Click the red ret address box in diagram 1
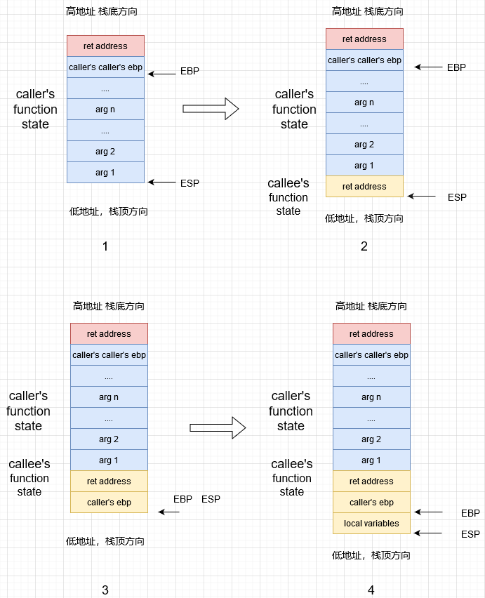[x=105, y=46]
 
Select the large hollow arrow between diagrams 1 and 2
[x=211, y=109]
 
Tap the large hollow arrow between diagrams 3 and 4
[x=218, y=427]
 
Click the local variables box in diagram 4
[x=371, y=524]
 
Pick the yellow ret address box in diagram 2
[x=364, y=187]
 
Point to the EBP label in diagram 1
[x=190, y=72]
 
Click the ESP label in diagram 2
[x=457, y=197]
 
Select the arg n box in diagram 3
[x=109, y=397]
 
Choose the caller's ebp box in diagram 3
[x=109, y=503]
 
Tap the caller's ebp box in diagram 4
[x=371, y=503]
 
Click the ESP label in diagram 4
[x=470, y=534]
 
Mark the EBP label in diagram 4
[x=470, y=513]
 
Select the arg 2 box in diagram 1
[x=105, y=152]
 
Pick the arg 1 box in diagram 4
[x=371, y=460]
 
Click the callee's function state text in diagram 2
[x=288, y=197]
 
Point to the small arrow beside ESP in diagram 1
[x=162, y=182]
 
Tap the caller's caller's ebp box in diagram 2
[x=364, y=60]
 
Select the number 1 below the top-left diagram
[x=105, y=246]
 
